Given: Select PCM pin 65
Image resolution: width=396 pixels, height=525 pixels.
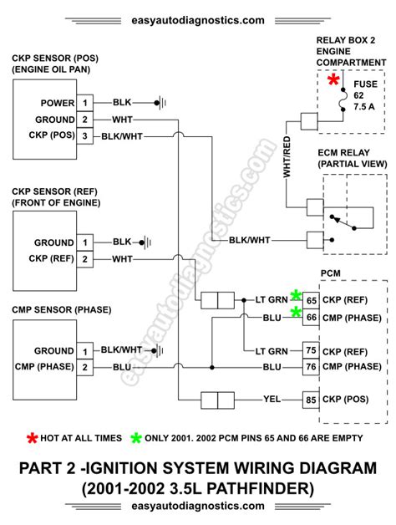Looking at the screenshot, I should tap(311, 298).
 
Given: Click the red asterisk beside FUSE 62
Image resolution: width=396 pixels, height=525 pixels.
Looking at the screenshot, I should tap(334, 80).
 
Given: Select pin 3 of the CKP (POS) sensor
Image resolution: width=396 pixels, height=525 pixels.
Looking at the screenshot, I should tap(84, 136).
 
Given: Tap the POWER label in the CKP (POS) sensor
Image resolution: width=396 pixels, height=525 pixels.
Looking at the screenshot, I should tap(56, 104).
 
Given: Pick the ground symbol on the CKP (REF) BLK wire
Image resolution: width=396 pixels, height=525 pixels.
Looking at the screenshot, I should tap(146, 242).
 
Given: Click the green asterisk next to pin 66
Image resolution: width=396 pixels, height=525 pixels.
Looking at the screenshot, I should tap(296, 312).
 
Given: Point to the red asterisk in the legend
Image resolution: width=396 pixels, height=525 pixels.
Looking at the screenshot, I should tap(33, 436).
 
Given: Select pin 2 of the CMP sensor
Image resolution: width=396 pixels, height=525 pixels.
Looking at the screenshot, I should tap(84, 366).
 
